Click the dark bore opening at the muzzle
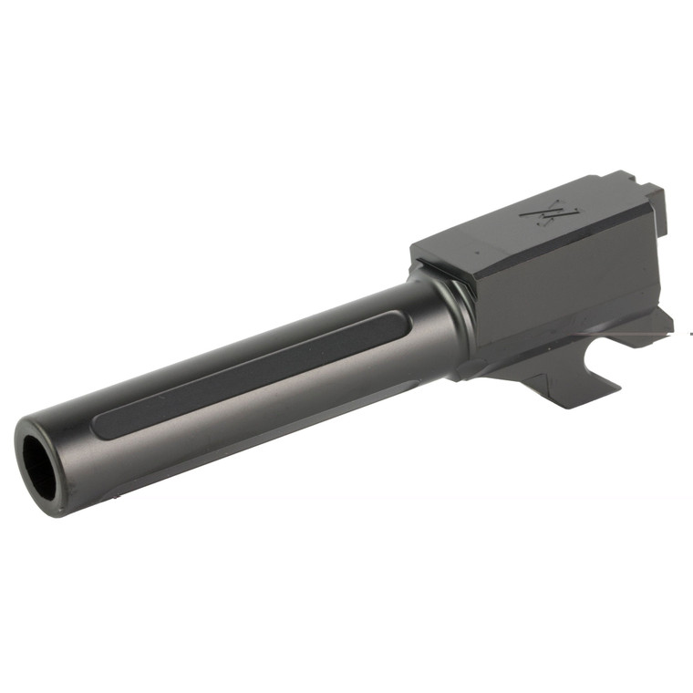coord(38,460)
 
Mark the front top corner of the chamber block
coord(415,244)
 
